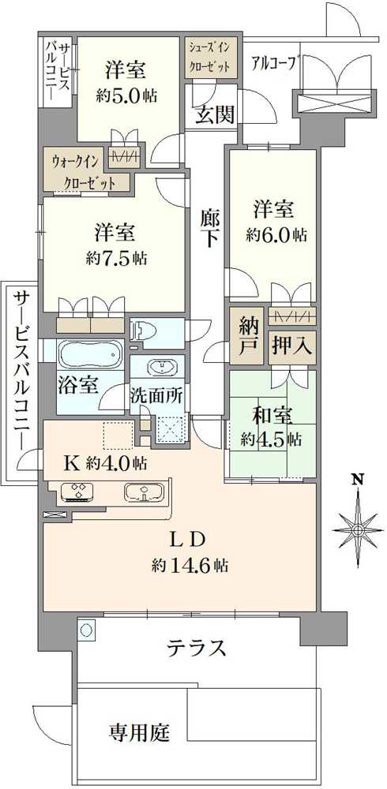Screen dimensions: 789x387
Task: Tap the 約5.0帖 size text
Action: pos(126,95)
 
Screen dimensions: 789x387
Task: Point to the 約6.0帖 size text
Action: pos(275,234)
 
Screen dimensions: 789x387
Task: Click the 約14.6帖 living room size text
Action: pos(191,565)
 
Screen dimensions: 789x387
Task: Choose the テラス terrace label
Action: pos(197,649)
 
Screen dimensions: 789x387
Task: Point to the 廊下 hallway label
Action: pos(209,229)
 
